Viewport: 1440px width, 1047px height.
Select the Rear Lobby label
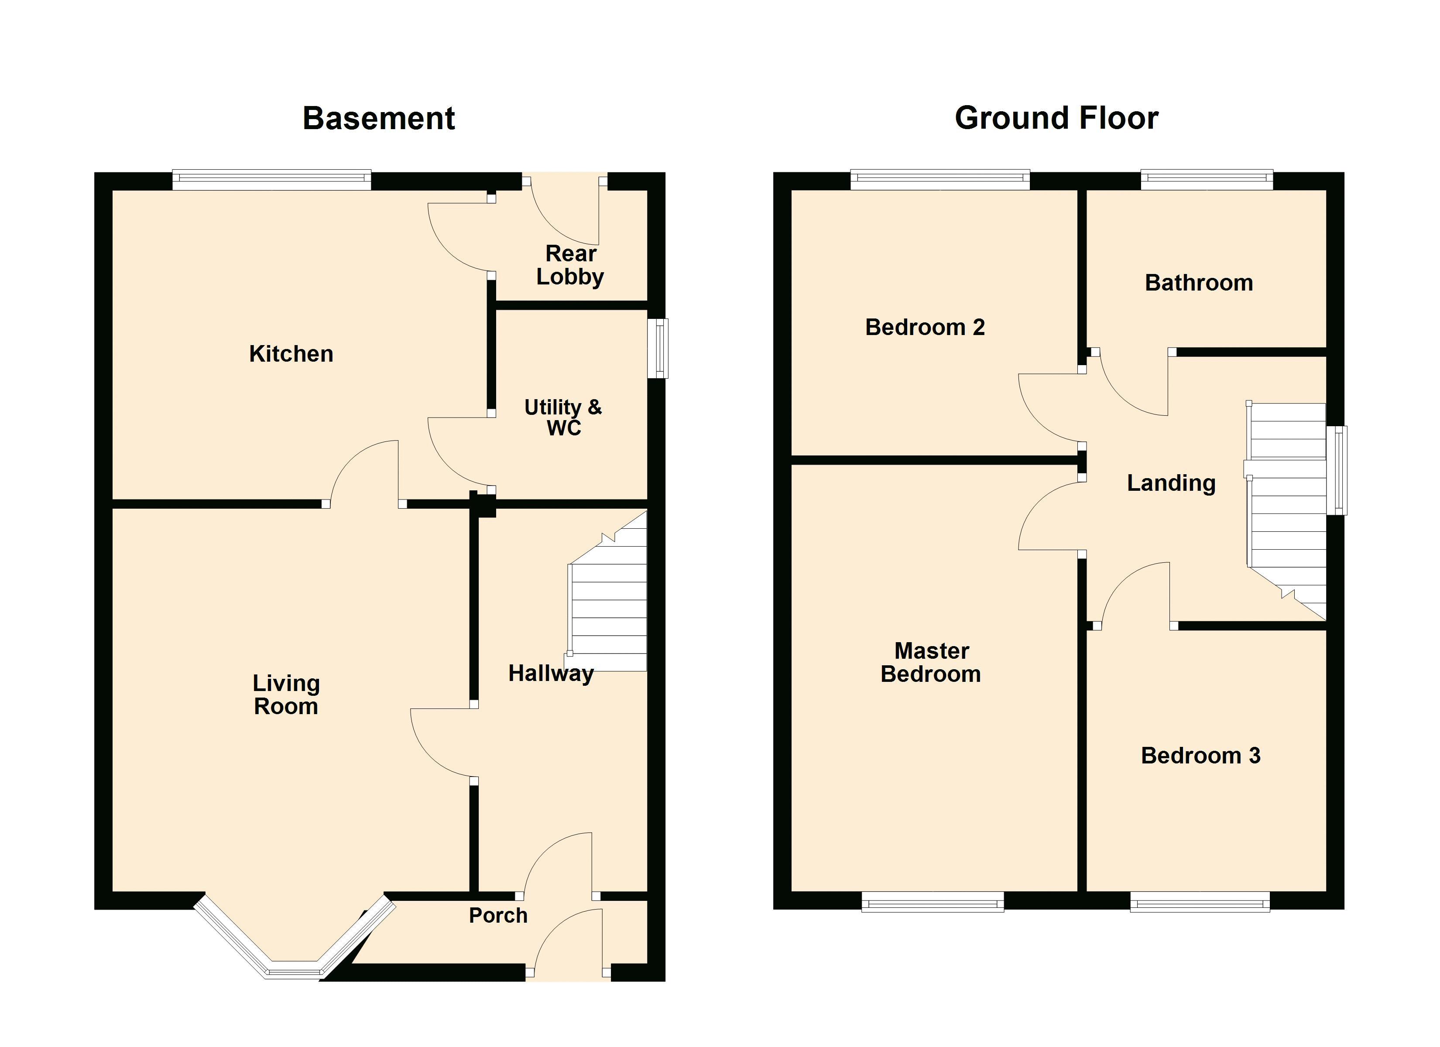(570, 265)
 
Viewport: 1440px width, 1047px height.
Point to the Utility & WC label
(563, 417)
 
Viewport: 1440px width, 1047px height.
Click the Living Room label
(286, 695)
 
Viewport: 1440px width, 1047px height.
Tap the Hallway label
(551, 674)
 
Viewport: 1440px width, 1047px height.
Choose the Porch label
(498, 916)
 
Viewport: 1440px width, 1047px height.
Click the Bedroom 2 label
(925, 327)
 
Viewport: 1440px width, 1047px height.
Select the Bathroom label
(1199, 283)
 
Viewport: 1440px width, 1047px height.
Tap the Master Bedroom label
(931, 662)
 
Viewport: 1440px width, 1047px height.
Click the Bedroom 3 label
(1200, 756)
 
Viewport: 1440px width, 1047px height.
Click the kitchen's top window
(272, 180)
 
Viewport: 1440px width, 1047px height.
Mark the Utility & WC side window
(658, 348)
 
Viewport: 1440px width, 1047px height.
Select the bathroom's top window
(1207, 180)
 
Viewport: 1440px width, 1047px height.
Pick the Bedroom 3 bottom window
(1200, 902)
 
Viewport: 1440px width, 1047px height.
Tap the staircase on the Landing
(1286, 511)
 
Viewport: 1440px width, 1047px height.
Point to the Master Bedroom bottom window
(933, 902)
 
